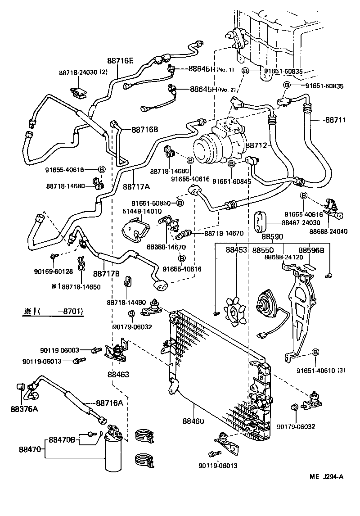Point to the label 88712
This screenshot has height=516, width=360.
(x=256, y=145)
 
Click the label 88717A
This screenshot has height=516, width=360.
(x=136, y=186)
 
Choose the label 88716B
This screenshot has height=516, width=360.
(x=144, y=130)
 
